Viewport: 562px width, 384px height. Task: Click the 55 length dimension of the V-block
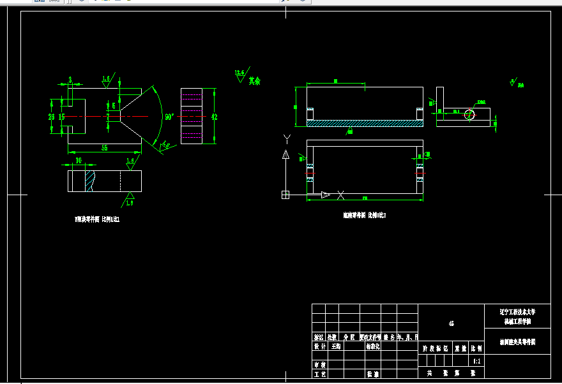click(104, 147)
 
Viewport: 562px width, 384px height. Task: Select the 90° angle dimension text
click(169, 117)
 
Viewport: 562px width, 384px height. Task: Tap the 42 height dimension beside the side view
click(215, 117)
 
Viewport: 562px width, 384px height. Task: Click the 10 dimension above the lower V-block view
click(79, 161)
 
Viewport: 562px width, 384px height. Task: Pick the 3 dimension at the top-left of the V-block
click(70, 80)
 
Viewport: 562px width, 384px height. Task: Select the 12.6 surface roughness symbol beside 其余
click(240, 75)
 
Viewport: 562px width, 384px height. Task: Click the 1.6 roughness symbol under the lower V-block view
click(130, 198)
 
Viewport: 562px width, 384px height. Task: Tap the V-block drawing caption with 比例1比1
click(98, 219)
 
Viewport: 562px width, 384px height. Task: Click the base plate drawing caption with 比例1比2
click(364, 216)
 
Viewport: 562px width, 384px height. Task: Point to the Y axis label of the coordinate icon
click(287, 138)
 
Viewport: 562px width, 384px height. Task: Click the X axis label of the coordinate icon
click(341, 195)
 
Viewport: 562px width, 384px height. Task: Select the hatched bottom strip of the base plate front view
click(365, 123)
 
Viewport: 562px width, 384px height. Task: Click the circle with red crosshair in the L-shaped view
click(470, 114)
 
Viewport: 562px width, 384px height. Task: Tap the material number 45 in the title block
click(451, 324)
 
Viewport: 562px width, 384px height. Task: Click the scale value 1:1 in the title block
click(477, 360)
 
